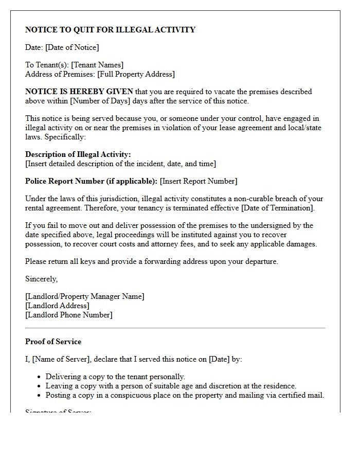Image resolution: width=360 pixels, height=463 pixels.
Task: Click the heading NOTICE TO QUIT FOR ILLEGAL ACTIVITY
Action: [x=110, y=30]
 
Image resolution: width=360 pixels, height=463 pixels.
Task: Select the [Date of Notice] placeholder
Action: [x=72, y=47]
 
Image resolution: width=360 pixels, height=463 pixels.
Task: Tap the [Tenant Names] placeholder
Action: [x=97, y=65]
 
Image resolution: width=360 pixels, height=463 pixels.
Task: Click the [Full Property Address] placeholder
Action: [x=136, y=74]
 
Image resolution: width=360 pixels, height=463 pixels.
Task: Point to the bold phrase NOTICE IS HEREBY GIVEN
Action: [x=79, y=92]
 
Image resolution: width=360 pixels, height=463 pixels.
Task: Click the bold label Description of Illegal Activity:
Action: [x=78, y=154]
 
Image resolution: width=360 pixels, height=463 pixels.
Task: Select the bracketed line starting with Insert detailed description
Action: [x=120, y=164]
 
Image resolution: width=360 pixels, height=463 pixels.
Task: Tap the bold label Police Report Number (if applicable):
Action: [x=91, y=181]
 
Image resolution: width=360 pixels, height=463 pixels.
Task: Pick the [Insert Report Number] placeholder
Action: [x=199, y=181]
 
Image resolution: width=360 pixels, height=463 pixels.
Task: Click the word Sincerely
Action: [x=41, y=279]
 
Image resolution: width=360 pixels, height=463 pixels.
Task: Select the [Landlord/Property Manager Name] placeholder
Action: [x=85, y=296]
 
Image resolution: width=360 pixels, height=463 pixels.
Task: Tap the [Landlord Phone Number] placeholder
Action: [x=68, y=315]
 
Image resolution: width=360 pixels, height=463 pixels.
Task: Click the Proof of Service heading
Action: [x=53, y=342]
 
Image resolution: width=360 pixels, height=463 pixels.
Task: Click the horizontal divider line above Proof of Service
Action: [x=175, y=328]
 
